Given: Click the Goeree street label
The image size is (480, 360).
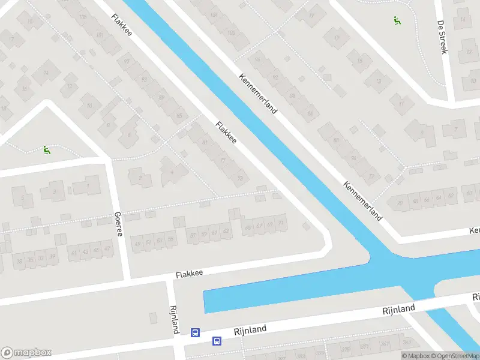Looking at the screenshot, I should click(118, 224).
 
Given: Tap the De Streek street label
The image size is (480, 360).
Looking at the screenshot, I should click(442, 37).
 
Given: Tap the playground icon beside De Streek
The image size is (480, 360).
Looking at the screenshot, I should click(396, 20).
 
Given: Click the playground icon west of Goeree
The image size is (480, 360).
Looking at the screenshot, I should click(46, 149).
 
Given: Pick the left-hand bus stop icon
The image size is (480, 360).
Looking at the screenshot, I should click(195, 332).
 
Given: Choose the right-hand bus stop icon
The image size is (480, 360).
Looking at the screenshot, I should click(216, 341).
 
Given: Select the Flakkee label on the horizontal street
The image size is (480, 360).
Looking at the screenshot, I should click(189, 274).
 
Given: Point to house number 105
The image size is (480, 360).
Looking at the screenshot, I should click(83, 16).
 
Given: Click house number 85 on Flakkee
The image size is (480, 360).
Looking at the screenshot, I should click(179, 115).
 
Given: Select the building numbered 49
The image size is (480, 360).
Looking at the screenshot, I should click(138, 242).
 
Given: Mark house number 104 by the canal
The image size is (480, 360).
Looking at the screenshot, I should click(214, 14).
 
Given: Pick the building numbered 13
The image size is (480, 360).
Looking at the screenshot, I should click(378, 80).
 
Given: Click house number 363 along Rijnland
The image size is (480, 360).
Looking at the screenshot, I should click(407, 342).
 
